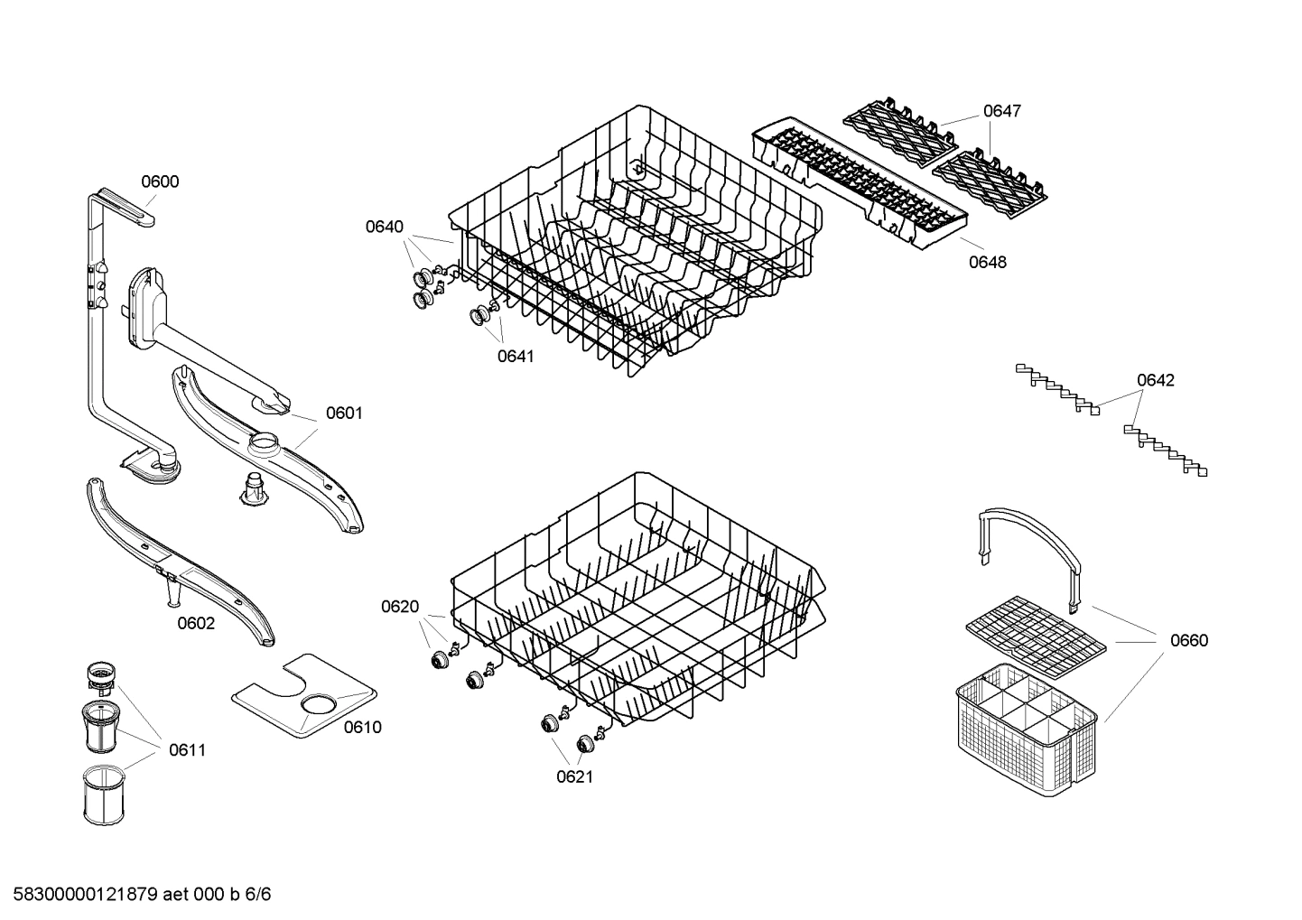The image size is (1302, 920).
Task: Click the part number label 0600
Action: pyautogui.click(x=160, y=181)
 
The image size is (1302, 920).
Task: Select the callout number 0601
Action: pyautogui.click(x=343, y=414)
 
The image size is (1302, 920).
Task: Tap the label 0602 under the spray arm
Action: pyautogui.click(x=196, y=623)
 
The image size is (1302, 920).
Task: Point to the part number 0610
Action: pyautogui.click(x=362, y=727)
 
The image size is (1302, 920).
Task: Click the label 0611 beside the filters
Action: pyautogui.click(x=187, y=749)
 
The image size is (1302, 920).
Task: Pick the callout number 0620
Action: pyautogui.click(x=400, y=607)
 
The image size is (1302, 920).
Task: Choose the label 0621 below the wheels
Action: pyautogui.click(x=574, y=776)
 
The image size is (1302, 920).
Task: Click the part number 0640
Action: pyautogui.click(x=385, y=227)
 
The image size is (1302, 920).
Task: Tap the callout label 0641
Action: pyautogui.click(x=516, y=356)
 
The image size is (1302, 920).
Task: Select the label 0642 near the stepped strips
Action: pyautogui.click(x=1155, y=380)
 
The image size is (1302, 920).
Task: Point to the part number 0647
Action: pyautogui.click(x=1001, y=111)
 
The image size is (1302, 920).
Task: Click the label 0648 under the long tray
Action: pyautogui.click(x=987, y=262)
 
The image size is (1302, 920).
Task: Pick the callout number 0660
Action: pyautogui.click(x=1188, y=640)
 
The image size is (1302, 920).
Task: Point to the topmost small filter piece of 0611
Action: pyautogui.click(x=100, y=673)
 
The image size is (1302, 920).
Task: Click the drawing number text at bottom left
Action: pyautogui.click(x=142, y=895)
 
